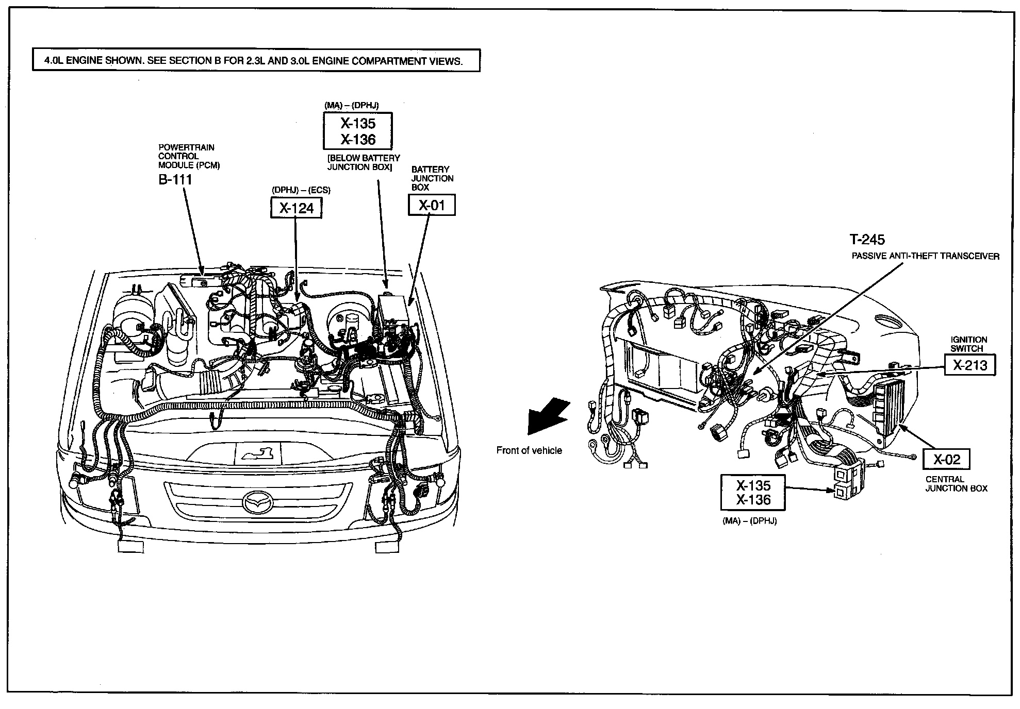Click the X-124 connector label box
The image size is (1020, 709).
pyautogui.click(x=296, y=208)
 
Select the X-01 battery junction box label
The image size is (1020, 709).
pyautogui.click(x=432, y=206)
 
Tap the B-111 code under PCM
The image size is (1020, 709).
pyautogui.click(x=175, y=179)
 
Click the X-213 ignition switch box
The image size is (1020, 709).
pyautogui.click(x=969, y=365)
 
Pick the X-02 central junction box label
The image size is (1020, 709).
pyautogui.click(x=946, y=460)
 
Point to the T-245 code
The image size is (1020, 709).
pyautogui.click(x=867, y=240)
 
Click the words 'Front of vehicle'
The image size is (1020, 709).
pyautogui.click(x=529, y=451)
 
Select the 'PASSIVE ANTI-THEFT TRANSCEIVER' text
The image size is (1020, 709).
pyautogui.click(x=925, y=256)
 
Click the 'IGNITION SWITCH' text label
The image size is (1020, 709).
pyautogui.click(x=969, y=344)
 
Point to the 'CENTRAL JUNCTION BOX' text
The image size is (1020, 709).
pyautogui.click(x=956, y=484)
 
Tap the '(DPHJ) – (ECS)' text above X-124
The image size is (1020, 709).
pyautogui.click(x=301, y=190)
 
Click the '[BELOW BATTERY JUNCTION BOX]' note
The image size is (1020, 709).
pyautogui.click(x=364, y=162)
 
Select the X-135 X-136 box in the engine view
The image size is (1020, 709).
pyautogui.click(x=357, y=131)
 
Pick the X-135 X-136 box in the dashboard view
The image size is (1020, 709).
pyautogui.click(x=753, y=493)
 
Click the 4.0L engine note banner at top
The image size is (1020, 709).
pyautogui.click(x=256, y=60)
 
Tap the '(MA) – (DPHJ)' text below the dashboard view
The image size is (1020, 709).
pyautogui.click(x=749, y=521)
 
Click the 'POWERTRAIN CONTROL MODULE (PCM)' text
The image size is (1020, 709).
pyautogui.click(x=189, y=156)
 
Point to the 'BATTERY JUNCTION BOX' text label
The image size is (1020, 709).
pyautogui.click(x=432, y=178)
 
